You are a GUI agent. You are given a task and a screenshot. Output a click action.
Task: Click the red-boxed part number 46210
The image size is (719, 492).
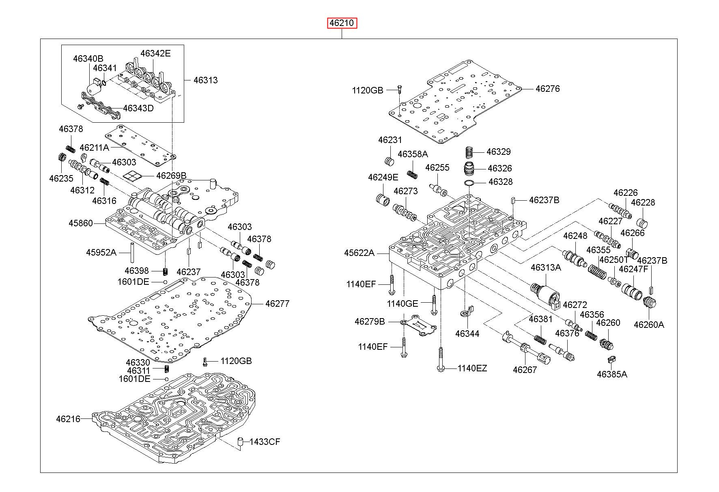(x=342, y=24)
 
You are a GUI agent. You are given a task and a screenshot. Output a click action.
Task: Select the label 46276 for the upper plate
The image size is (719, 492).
(x=547, y=89)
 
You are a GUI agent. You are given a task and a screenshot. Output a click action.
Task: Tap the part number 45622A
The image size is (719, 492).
(x=359, y=253)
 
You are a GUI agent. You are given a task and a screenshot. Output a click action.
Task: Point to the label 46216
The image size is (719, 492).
(x=68, y=419)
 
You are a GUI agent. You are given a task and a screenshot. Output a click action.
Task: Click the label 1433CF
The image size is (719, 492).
(x=265, y=442)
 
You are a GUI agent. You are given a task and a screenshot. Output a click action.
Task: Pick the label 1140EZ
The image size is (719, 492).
(x=472, y=368)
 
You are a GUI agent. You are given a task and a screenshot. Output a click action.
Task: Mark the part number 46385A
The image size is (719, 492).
(x=612, y=374)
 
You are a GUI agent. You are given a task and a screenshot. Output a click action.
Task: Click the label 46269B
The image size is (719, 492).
(x=171, y=176)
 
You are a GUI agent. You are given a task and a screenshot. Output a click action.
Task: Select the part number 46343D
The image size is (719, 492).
(x=138, y=108)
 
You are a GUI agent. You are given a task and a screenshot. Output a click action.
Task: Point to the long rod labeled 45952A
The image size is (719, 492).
(x=132, y=253)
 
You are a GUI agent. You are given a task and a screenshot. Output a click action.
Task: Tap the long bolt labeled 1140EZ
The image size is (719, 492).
(x=441, y=359)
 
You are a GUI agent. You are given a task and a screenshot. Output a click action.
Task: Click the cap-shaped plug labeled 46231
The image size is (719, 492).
(x=389, y=160)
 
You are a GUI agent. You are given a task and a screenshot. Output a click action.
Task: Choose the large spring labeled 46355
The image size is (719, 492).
(x=597, y=271)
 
